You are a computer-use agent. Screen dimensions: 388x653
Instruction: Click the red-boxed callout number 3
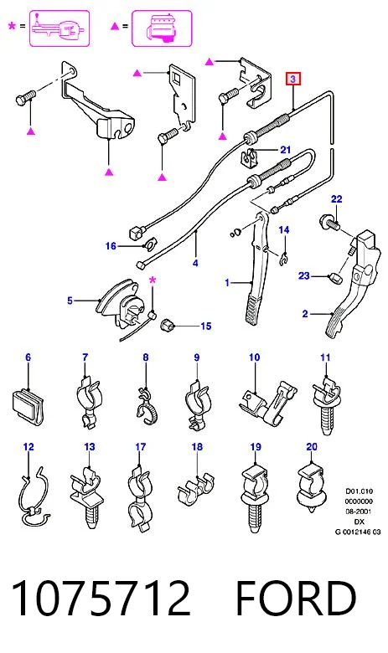[293, 79]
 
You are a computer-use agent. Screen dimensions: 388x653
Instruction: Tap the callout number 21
[285, 150]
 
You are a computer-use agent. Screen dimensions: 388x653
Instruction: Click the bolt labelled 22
[330, 222]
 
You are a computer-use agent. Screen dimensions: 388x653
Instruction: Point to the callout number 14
[284, 230]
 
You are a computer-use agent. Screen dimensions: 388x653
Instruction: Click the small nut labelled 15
[167, 324]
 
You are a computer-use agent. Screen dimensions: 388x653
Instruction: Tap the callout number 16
[111, 246]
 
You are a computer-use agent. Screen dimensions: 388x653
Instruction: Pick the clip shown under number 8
[146, 405]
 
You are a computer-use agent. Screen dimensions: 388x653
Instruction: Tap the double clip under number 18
[195, 488]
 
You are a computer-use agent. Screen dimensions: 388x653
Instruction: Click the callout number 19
[256, 447]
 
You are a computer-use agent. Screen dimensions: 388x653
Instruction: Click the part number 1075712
[101, 598]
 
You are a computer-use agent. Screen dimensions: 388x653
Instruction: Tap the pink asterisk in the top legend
[12, 26]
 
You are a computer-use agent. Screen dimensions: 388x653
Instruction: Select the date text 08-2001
[359, 512]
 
